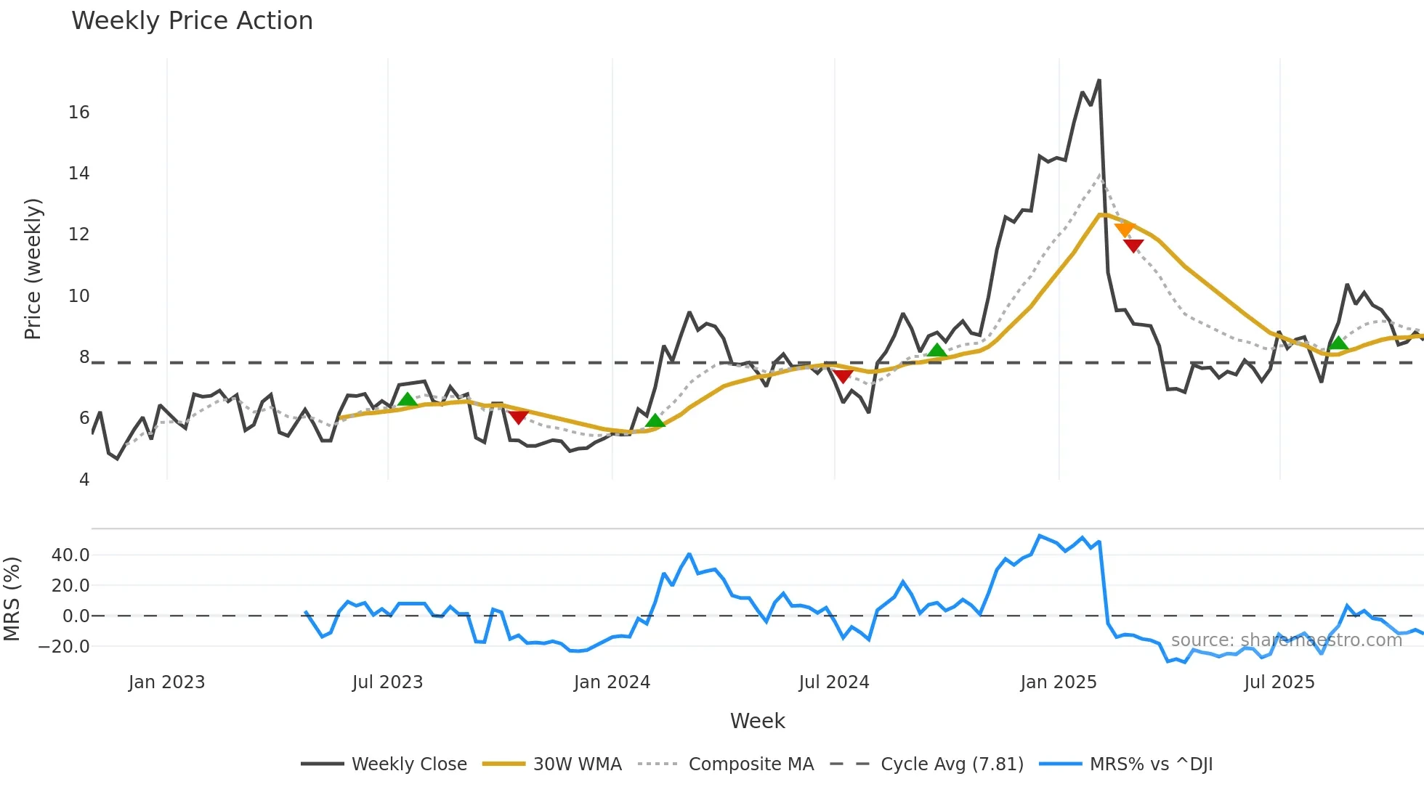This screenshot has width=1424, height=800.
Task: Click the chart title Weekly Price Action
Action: (x=192, y=20)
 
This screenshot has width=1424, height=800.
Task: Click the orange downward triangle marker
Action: (x=1124, y=230)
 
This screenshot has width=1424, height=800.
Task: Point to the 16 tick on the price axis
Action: (x=79, y=113)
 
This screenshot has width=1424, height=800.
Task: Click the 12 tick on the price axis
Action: (x=79, y=234)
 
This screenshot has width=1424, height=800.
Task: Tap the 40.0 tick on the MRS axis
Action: (x=70, y=555)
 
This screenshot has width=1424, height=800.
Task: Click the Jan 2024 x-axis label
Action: (x=612, y=682)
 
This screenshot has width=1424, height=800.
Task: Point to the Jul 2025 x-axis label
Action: (x=1279, y=682)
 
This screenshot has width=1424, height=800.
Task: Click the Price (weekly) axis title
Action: (x=33, y=269)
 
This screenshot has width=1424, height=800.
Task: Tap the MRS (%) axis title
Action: (x=12, y=599)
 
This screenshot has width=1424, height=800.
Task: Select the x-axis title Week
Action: (x=757, y=721)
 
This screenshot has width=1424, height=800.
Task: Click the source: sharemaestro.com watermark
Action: (x=1286, y=640)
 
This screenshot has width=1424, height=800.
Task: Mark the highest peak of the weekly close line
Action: (x=1099, y=81)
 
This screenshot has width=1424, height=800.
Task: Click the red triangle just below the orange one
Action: (x=1133, y=246)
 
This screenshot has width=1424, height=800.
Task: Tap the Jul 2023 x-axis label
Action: (x=387, y=682)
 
